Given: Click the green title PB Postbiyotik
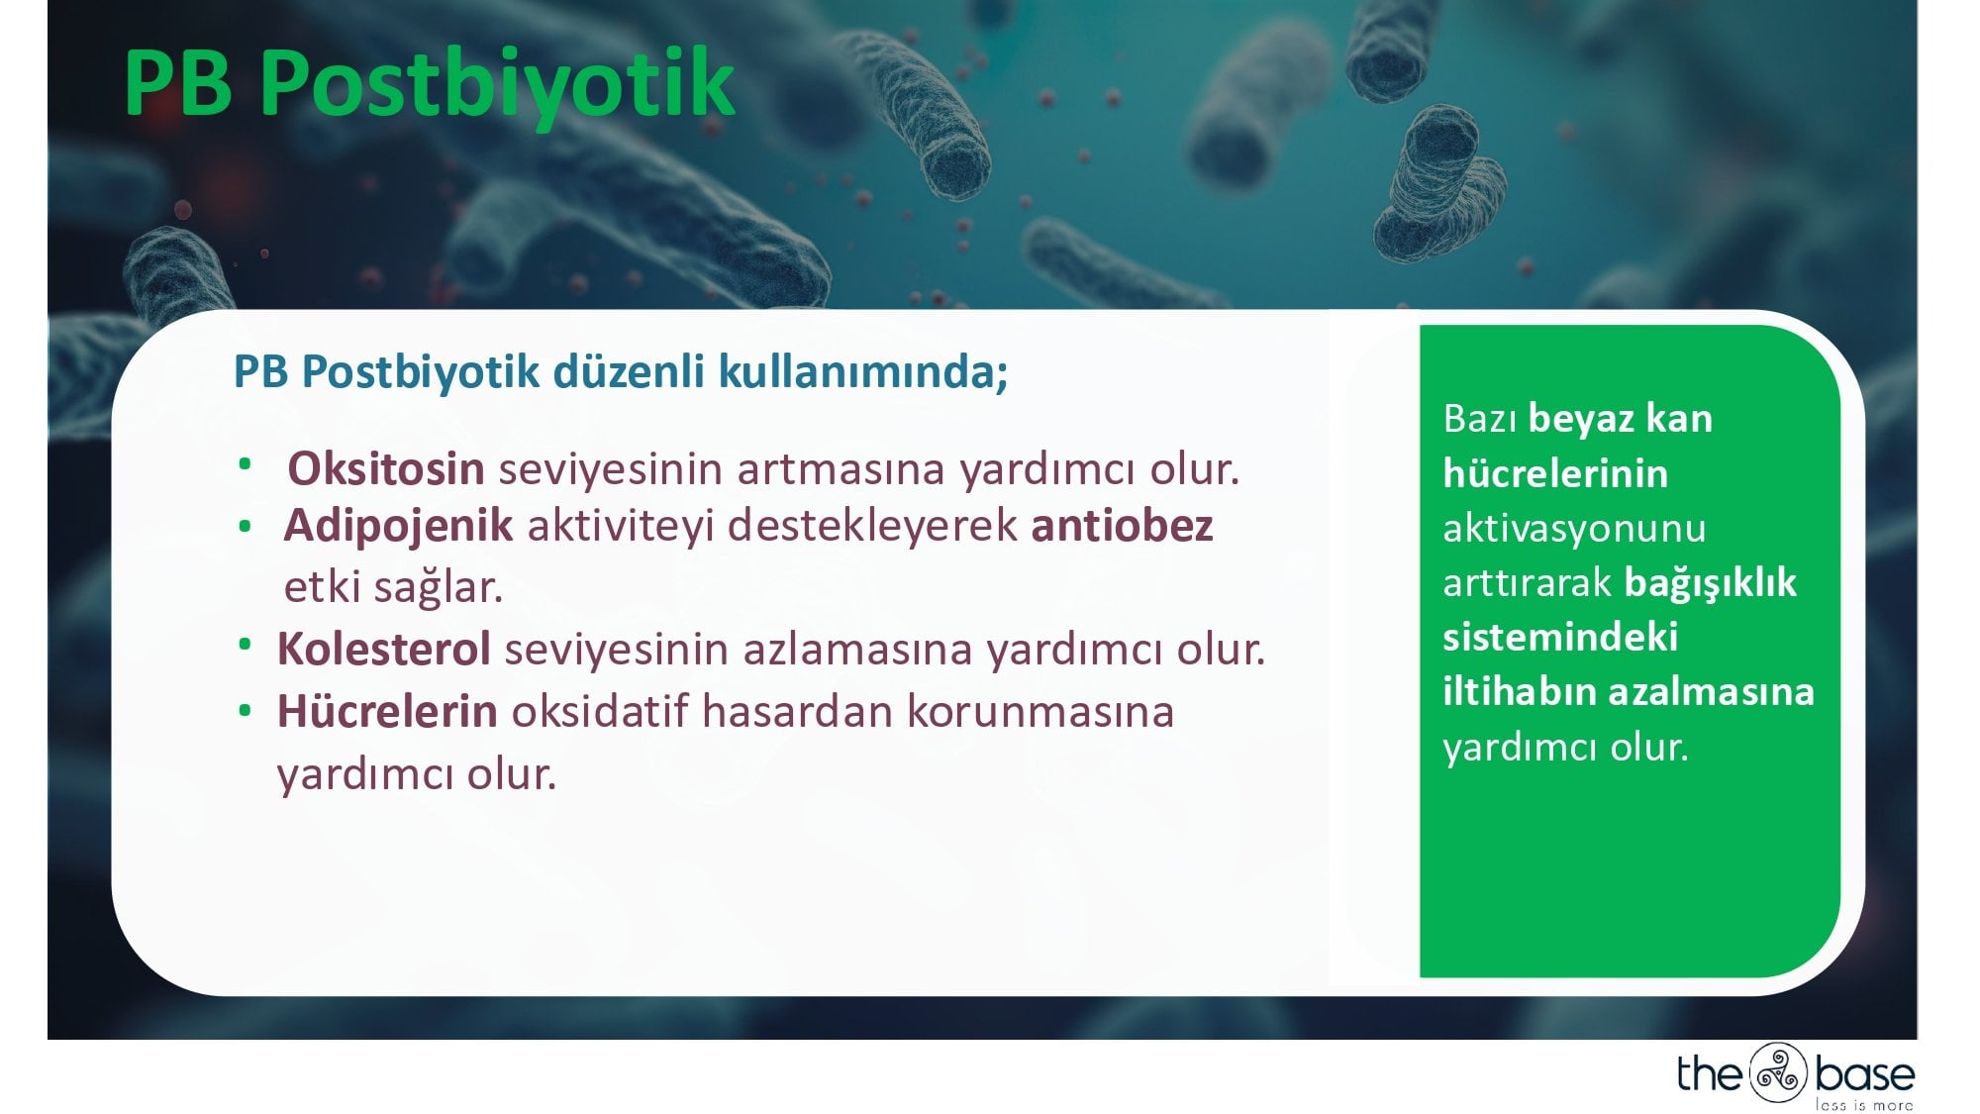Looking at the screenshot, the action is (429, 83).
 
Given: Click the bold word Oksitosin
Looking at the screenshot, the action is (385, 468).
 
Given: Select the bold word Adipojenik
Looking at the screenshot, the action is (398, 526).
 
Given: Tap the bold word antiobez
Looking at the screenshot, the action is (1122, 526).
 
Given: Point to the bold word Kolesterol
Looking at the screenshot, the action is (383, 650).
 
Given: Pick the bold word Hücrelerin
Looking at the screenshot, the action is (387, 711).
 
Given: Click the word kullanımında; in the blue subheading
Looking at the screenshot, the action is (863, 371).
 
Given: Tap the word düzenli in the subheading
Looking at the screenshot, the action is (629, 371).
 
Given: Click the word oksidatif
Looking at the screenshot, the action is (599, 712).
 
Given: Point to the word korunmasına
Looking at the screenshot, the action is (1039, 712).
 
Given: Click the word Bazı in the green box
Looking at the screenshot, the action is (1480, 419).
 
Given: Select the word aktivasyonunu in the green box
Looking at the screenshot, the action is (1574, 529).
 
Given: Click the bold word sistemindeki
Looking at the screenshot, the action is (1560, 637).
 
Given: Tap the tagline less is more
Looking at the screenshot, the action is (1863, 1104).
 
